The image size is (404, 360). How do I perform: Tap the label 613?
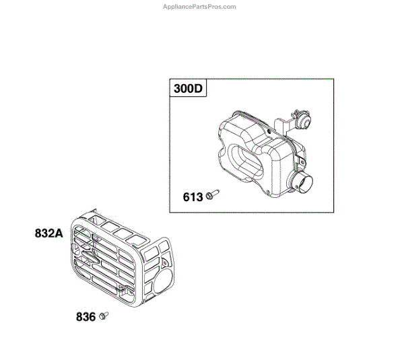pos(193,198)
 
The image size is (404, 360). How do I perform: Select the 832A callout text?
pos(48,234)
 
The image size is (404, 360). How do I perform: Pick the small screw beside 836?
pos(103,314)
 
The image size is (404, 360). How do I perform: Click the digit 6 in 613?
pos(187,198)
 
